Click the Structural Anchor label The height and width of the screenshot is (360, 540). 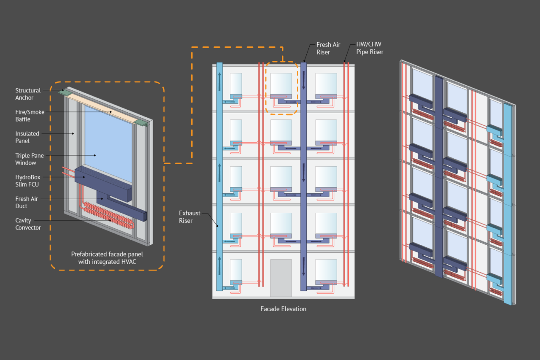click(x=28, y=94)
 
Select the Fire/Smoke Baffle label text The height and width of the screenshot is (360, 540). click(x=30, y=116)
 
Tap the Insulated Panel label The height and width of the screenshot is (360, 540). click(x=27, y=137)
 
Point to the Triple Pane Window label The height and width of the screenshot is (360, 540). click(x=29, y=159)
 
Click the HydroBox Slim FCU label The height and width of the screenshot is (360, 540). click(x=28, y=181)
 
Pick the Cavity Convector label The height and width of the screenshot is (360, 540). click(x=28, y=224)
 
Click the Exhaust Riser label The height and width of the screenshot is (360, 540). click(x=190, y=217)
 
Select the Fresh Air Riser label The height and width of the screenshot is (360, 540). click(x=328, y=48)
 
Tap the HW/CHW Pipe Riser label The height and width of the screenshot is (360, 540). click(x=370, y=48)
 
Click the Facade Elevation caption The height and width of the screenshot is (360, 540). click(x=283, y=309)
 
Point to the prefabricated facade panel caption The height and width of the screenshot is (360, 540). click(x=106, y=258)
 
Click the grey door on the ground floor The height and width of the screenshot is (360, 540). click(x=281, y=278)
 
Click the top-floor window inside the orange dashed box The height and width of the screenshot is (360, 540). click(x=281, y=83)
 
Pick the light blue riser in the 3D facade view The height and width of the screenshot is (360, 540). click(x=508, y=203)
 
